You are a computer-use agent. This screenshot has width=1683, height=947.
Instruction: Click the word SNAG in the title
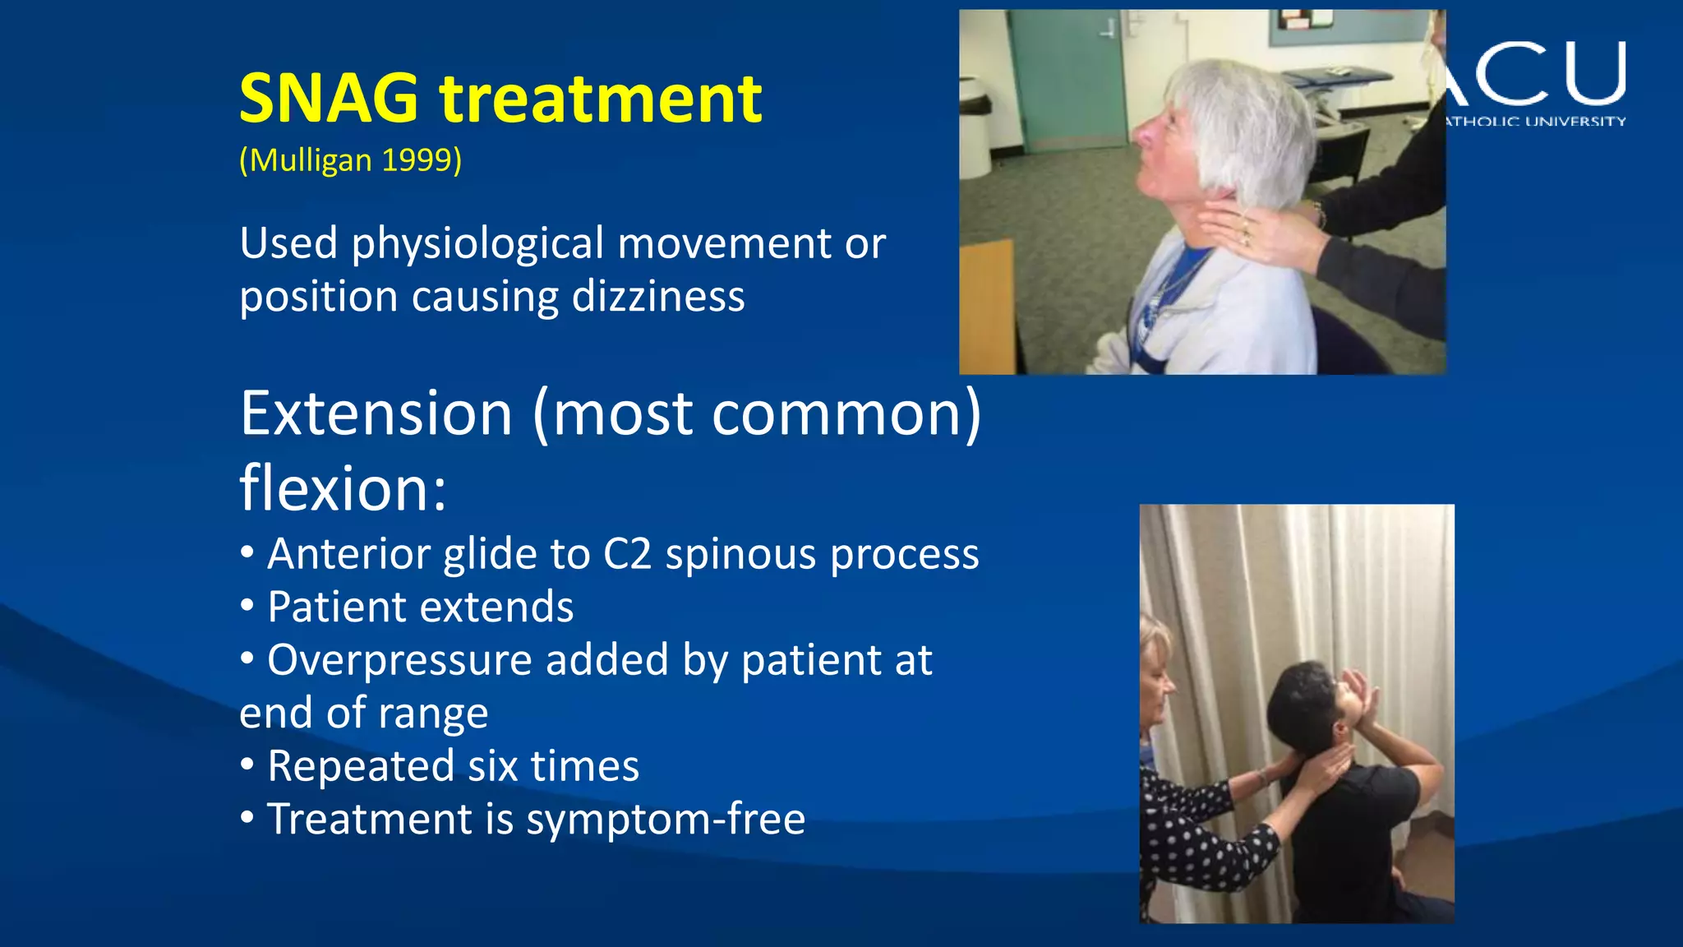tap(329, 99)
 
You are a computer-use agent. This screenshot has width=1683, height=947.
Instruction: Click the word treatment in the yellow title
tap(601, 99)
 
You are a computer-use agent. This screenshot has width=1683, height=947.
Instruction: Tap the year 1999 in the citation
tap(417, 159)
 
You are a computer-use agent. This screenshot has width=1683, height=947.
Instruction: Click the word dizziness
tap(658, 296)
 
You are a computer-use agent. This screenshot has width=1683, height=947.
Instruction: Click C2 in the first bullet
tap(627, 554)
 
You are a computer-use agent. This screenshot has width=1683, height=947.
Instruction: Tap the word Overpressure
tap(399, 660)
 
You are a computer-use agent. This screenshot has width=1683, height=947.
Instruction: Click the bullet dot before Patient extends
tap(247, 607)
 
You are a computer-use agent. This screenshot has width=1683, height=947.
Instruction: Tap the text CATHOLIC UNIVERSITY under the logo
tap(1535, 122)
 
